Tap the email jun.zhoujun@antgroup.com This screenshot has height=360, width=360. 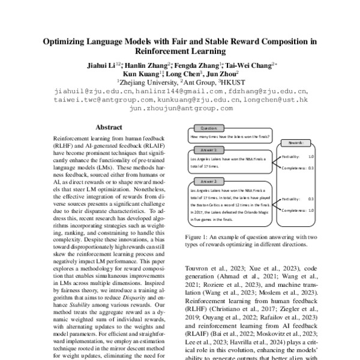coord(180,109)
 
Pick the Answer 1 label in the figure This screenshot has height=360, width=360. coord(208,150)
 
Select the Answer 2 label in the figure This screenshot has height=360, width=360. coord(208,181)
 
